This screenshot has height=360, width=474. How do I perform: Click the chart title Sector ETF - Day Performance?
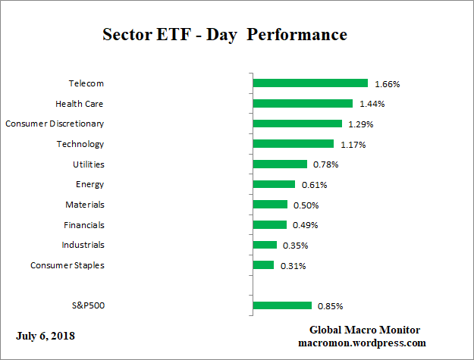coord(224,35)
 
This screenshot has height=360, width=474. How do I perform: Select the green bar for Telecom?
coord(309,83)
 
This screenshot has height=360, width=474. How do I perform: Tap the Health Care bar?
coord(302,104)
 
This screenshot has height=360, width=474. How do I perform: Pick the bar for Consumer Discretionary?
coord(297,124)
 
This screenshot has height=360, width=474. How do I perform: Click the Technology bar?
coord(293,144)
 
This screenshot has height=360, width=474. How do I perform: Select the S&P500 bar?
coord(281,305)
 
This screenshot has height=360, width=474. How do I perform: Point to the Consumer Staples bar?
coord(262,265)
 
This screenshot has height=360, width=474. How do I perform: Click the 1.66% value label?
coord(387,84)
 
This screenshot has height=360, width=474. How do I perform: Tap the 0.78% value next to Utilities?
coord(326,164)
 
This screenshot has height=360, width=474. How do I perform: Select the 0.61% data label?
coord(314,185)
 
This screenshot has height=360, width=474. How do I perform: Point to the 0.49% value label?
coord(306,225)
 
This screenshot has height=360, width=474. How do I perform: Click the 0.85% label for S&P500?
coord(331,306)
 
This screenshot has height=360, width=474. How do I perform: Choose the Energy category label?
coord(89,184)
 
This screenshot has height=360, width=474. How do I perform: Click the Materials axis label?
coord(85,205)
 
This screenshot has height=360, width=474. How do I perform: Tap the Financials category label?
coord(84,224)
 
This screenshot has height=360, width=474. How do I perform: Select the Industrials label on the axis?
coord(83,245)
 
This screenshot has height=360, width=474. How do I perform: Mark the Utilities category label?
coord(88,164)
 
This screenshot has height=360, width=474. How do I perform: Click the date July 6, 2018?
coord(46,336)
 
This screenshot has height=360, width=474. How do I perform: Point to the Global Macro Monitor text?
coord(365,330)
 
